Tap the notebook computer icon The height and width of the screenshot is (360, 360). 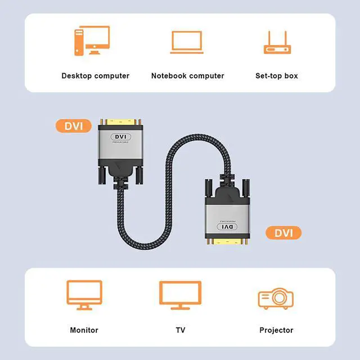[187, 42]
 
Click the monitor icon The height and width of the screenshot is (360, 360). [84, 295]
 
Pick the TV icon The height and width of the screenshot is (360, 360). [179, 295]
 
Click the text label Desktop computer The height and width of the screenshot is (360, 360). [95, 75]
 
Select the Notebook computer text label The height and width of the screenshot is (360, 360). [187, 75]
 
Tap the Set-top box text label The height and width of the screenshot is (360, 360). [276, 75]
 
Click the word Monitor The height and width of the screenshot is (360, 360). [84, 330]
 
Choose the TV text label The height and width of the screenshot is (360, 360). [180, 330]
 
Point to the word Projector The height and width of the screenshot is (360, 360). [276, 330]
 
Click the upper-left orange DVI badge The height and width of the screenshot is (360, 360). [74, 125]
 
